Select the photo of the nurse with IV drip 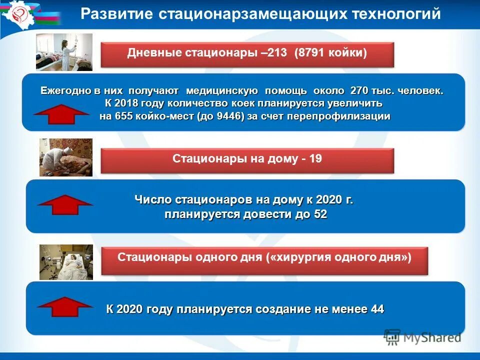tap(64, 52)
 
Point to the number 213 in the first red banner tap(276, 53)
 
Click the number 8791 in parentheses tap(312, 53)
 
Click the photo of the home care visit tap(66, 157)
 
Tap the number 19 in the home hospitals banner tap(316, 159)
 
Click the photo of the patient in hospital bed tap(66, 262)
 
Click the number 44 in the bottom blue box tap(377, 309)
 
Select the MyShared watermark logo tap(422, 337)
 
